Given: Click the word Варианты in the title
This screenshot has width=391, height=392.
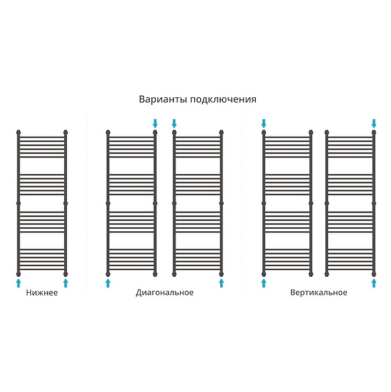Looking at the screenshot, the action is click(163, 99).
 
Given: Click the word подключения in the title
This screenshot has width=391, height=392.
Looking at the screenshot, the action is click(223, 99).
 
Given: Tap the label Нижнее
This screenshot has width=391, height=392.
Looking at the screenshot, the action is click(42, 293).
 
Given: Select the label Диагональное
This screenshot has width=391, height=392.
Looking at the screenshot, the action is click(165, 293).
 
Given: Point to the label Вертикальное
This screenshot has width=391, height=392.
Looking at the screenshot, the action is click(319, 293).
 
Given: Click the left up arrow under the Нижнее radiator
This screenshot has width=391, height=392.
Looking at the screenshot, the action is click(18, 283).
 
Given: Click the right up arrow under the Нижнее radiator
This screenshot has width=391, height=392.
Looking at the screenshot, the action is click(66, 283).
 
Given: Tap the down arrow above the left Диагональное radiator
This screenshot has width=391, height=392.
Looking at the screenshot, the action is click(155, 123).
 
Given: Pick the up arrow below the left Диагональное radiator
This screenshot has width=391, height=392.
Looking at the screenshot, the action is click(108, 283).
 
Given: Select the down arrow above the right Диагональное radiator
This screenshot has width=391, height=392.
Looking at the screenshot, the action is click(174, 123).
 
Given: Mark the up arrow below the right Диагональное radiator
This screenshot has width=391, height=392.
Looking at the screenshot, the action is click(221, 283).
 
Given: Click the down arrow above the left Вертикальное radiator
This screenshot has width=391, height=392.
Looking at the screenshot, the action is click(264, 123).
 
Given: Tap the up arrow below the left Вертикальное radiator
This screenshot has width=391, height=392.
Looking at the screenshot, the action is click(264, 283).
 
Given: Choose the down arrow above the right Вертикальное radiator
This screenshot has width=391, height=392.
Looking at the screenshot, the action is click(374, 123).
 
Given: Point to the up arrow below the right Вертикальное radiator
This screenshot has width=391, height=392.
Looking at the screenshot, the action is click(374, 283).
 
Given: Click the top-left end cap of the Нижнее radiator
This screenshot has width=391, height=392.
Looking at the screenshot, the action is click(18, 132).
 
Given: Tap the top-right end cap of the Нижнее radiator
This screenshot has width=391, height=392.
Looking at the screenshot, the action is click(66, 132).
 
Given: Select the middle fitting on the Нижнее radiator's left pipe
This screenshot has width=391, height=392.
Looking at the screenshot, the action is click(18, 203).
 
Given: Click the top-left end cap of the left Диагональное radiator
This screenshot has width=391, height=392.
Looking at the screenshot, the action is click(108, 132).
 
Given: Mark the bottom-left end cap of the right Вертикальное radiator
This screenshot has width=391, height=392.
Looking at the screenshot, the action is click(327, 274).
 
